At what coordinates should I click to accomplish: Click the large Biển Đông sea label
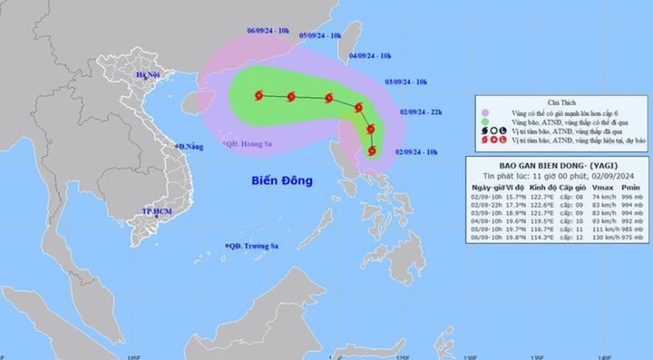coord(282,180)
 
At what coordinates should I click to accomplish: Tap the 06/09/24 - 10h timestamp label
coord(268,31)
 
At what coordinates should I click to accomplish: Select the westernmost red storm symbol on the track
coord(259,95)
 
